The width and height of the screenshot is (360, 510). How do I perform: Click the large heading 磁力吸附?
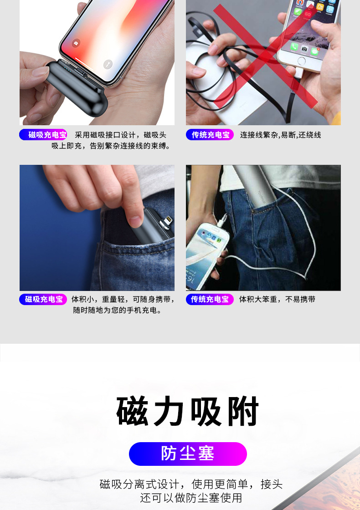coord(188,412)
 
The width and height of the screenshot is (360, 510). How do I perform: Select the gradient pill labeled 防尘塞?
coord(188,454)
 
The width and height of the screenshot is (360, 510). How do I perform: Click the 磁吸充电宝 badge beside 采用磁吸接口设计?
coord(43,135)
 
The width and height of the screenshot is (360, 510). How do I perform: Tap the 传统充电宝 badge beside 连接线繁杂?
coord(210,135)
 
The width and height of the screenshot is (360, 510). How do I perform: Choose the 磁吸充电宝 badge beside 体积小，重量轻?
coord(43,299)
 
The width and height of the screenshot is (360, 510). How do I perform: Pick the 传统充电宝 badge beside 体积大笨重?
coord(210,299)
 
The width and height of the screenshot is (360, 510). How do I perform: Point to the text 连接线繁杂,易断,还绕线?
coord(280,135)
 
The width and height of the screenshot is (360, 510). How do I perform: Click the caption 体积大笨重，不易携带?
coord(277,299)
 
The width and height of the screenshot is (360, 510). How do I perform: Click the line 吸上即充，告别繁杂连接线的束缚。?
coord(111,146)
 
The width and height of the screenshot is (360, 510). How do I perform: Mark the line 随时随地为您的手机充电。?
coord(118,311)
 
